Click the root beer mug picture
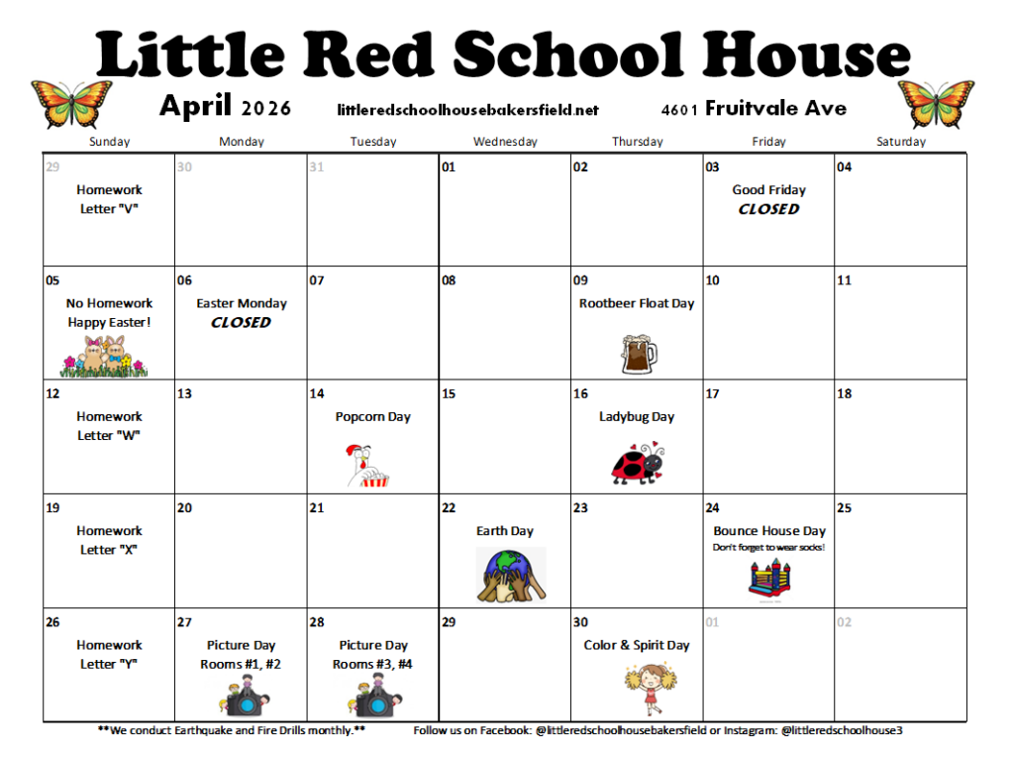coord(638,353)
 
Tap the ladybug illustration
coord(638,463)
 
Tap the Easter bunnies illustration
coord(105,357)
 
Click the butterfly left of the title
coord(71,104)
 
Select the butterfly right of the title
coord(936,104)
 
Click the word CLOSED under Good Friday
coord(769,209)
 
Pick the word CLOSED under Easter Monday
coord(242,322)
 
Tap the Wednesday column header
coord(505,142)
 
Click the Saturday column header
coord(901,142)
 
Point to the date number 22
coord(449,508)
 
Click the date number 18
coord(845,394)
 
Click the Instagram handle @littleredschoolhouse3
coord(842,730)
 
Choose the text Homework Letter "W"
coord(110,426)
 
